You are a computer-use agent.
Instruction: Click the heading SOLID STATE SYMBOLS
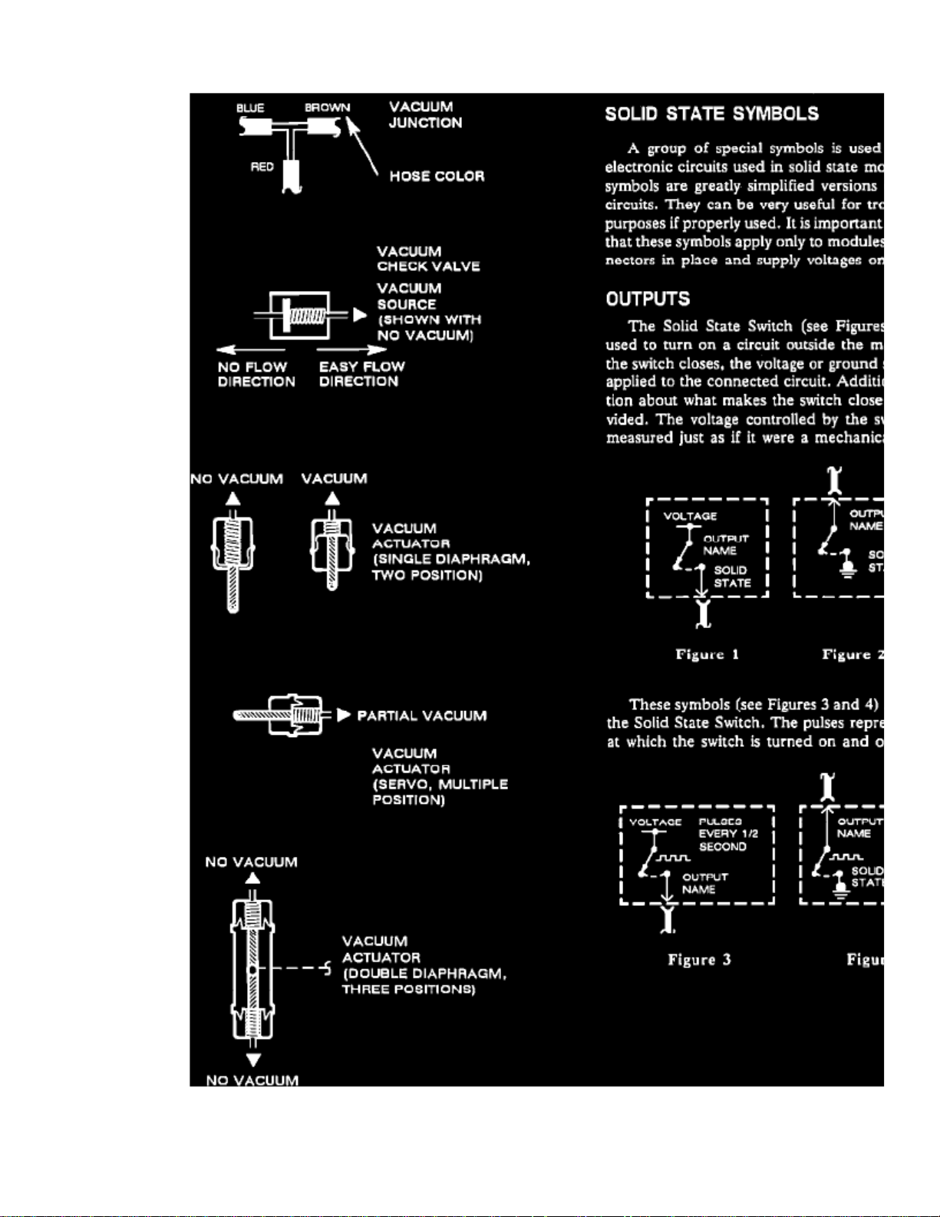point(711,114)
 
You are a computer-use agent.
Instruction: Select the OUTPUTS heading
point(648,299)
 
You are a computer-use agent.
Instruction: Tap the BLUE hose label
point(250,108)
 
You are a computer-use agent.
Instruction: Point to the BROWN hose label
point(327,107)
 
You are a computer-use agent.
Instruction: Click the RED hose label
point(262,167)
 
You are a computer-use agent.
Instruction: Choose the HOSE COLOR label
point(437,176)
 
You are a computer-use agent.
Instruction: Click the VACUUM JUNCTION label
point(425,114)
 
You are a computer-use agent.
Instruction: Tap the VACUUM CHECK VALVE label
point(428,259)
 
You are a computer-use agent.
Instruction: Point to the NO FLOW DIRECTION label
point(256,374)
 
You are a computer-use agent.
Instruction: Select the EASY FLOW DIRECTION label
point(361,374)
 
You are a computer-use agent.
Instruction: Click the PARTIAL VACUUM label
point(421,716)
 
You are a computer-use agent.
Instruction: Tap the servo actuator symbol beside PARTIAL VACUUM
point(284,716)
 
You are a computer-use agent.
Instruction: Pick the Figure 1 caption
point(707,654)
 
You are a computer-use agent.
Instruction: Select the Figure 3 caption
point(699,959)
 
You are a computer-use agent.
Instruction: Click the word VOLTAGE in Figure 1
point(690,516)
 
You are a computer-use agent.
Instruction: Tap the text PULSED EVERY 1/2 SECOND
point(722,834)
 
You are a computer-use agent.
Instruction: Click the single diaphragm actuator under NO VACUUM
point(233,553)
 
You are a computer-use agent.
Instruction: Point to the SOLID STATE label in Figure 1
point(732,576)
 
